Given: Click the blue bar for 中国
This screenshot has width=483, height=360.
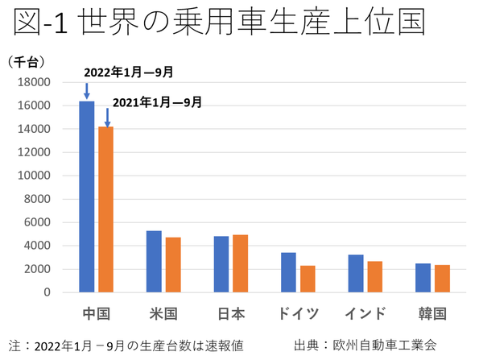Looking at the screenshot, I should (x=87, y=197).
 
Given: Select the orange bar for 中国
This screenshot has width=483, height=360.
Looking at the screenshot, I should (x=106, y=209).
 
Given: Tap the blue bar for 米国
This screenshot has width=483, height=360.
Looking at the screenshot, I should (x=154, y=261).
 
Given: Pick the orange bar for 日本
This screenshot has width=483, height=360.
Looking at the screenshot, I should (x=241, y=263).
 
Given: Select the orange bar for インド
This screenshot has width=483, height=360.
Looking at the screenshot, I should (x=376, y=276).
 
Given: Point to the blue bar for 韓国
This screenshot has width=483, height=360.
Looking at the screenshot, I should (x=423, y=278).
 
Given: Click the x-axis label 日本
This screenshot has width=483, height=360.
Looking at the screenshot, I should (x=232, y=313).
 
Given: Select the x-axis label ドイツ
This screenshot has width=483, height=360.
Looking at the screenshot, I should (x=298, y=313).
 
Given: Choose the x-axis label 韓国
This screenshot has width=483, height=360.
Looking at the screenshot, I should (x=432, y=313).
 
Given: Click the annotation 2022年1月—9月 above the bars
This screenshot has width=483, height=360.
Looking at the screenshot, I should (x=129, y=72).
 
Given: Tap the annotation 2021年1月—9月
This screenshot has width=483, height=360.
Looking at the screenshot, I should (x=157, y=102).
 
